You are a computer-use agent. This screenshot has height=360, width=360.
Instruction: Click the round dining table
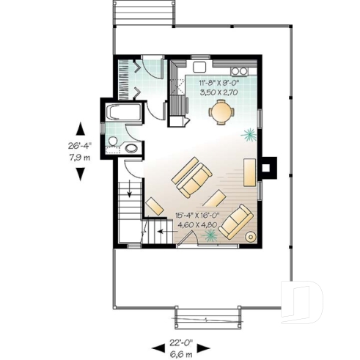pyautogui.click(x=221, y=112)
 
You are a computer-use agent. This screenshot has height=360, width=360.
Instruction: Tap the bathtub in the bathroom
pyautogui.click(x=123, y=114)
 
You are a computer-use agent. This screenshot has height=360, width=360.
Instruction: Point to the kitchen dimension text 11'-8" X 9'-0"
pyautogui.click(x=219, y=84)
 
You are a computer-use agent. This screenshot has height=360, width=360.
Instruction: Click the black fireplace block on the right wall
pyautogui.click(x=269, y=167)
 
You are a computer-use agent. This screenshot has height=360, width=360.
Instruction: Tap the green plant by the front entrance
pyautogui.click(x=212, y=235)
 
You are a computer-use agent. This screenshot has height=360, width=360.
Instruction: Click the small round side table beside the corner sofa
pyautogui.click(x=250, y=237)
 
